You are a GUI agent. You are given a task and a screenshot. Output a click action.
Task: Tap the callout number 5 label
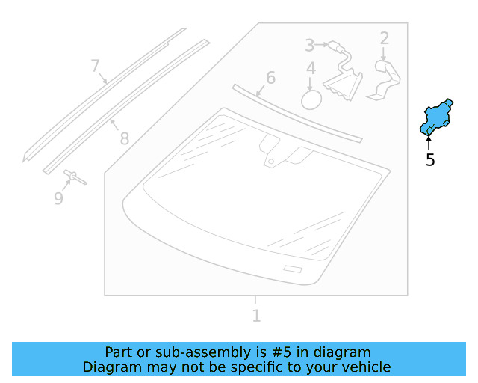430,159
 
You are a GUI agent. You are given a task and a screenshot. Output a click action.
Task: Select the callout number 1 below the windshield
256,316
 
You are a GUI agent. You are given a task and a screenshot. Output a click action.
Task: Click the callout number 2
385,38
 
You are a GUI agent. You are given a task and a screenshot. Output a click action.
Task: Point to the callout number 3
310,46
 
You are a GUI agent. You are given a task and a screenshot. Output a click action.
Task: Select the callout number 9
58,198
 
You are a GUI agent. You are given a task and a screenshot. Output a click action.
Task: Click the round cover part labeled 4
311,99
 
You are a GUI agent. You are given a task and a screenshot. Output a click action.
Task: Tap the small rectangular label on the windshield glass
293,269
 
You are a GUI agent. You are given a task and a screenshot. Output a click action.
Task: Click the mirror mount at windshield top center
271,150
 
